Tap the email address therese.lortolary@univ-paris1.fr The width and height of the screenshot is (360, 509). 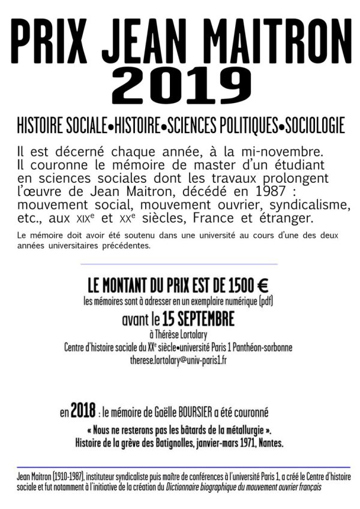click(x=180, y=360)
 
